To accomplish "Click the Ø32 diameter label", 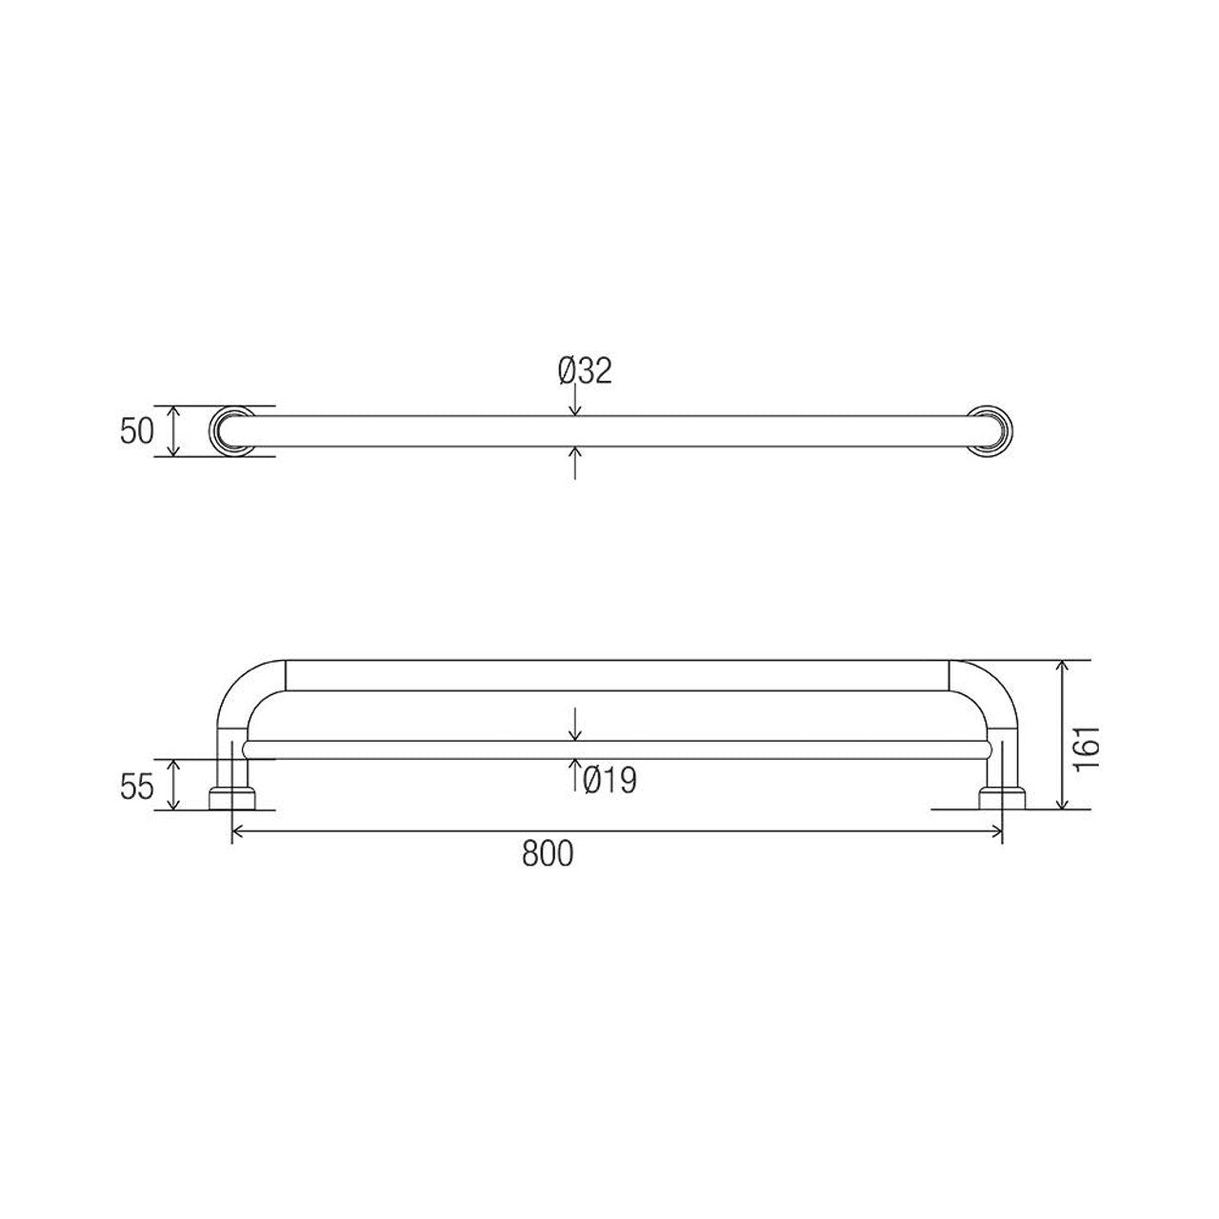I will pos(585,371).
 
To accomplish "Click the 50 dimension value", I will pos(137,431).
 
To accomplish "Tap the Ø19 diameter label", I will pos(609,781).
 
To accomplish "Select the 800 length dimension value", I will pos(548,854).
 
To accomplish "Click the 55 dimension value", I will pos(137,787).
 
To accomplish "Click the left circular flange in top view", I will pos(231,430).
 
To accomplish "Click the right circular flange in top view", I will pos(991,430).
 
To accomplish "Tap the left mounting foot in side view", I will pos(232,798).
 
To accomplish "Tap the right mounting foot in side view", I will pos(1002,798).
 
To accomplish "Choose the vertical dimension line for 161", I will pos(1063,733).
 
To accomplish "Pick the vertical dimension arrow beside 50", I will pos(172,431).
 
